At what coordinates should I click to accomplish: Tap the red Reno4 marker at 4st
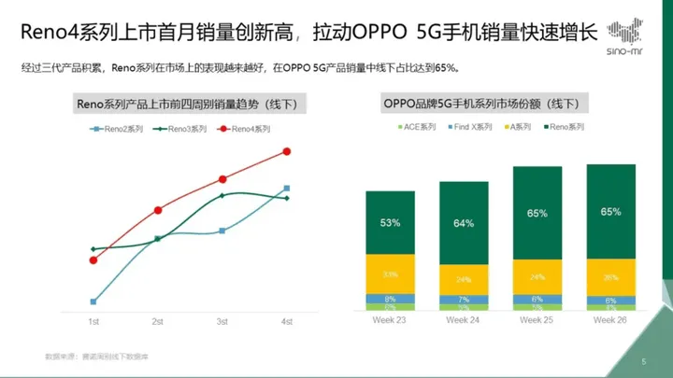tap(287, 151)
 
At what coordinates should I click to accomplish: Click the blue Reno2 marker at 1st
tap(93, 301)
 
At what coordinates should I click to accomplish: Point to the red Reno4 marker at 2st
tap(158, 210)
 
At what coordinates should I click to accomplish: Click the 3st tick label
tap(222, 322)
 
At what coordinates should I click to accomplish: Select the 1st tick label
tap(93, 322)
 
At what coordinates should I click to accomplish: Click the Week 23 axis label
tap(390, 319)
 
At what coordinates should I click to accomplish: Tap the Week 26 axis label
tap(611, 319)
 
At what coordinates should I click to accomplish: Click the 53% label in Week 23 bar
tap(390, 223)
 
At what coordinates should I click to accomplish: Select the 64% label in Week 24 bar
tap(464, 224)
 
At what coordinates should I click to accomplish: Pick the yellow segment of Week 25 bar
tap(537, 277)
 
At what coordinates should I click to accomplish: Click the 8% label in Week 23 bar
tap(390, 299)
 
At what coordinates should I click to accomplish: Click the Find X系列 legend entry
tap(471, 126)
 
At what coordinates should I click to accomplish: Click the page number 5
tap(643, 361)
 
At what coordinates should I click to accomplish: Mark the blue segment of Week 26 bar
tap(611, 300)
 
